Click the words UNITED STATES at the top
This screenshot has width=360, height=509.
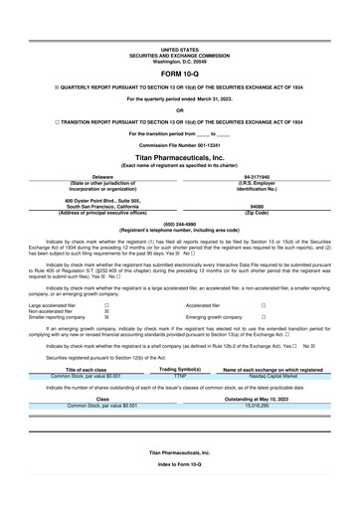coord(180,49)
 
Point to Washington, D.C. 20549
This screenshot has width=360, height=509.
coord(180,61)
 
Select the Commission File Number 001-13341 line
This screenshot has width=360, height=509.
coord(180,144)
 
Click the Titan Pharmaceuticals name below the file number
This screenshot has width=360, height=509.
coord(180,157)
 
